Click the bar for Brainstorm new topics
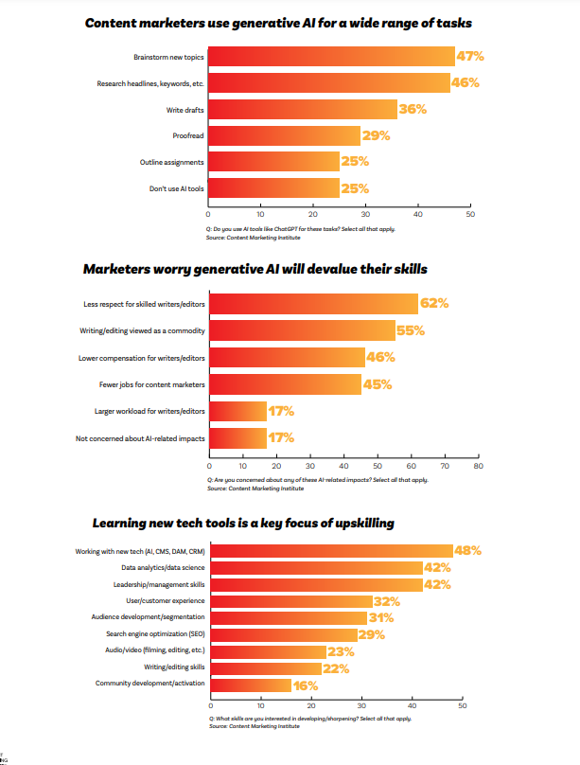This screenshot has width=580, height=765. pyautogui.click(x=331, y=57)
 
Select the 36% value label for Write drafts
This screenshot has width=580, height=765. pyautogui.click(x=413, y=110)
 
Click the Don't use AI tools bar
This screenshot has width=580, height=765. pyautogui.click(x=273, y=188)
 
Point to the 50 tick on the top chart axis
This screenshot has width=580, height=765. pyautogui.click(x=470, y=216)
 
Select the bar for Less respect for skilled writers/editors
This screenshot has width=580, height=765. pyautogui.click(x=313, y=304)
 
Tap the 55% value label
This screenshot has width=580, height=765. pyautogui.click(x=411, y=331)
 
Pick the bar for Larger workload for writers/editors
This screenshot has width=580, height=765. pyautogui.click(x=237, y=412)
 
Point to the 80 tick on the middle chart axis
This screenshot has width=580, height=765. pyautogui.click(x=478, y=467)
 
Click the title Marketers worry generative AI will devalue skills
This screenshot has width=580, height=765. pyautogui.click(x=255, y=269)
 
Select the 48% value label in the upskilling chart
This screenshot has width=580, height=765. pyautogui.click(x=468, y=550)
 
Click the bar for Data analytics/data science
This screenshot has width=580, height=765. pyautogui.click(x=315, y=568)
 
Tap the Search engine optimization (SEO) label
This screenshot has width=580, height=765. pyautogui.click(x=156, y=634)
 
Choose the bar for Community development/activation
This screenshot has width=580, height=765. pyautogui.click(x=250, y=685)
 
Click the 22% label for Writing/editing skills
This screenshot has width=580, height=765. pyautogui.click(x=336, y=668)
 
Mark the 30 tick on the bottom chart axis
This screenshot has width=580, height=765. pyautogui.click(x=361, y=706)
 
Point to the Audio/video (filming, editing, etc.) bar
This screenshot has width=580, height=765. pyautogui.click(x=267, y=651)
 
